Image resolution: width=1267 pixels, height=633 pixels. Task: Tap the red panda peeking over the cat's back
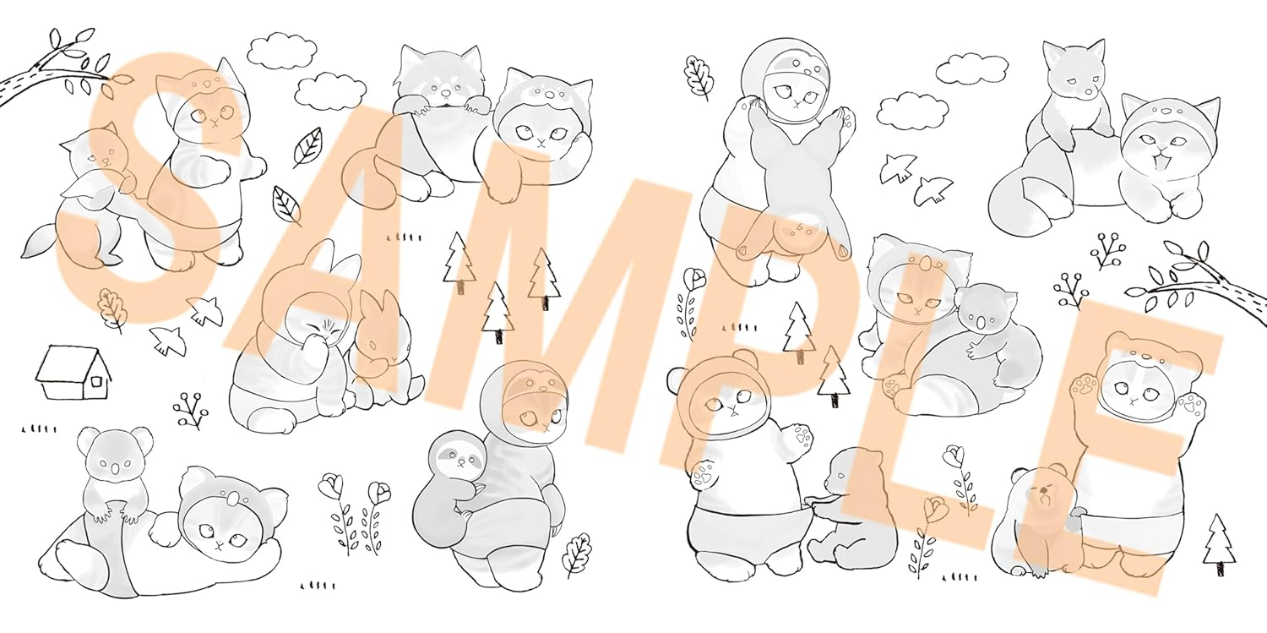(x=441, y=85)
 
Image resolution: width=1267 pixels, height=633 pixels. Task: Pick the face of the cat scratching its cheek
(x=541, y=133)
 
